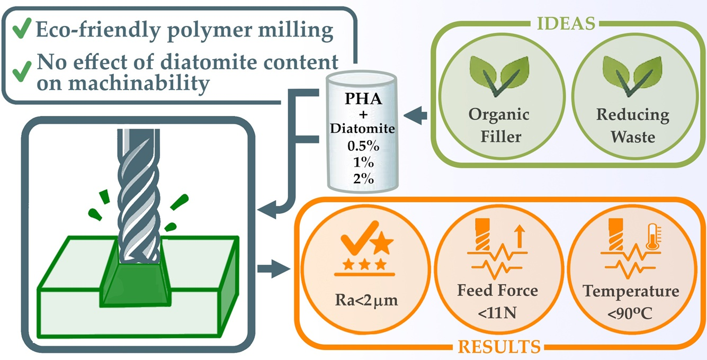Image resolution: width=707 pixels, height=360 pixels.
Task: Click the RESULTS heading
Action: (499, 347)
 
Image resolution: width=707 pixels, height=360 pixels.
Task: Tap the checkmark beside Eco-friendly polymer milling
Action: (20, 30)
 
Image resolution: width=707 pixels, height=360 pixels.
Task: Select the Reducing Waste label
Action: (632, 125)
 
